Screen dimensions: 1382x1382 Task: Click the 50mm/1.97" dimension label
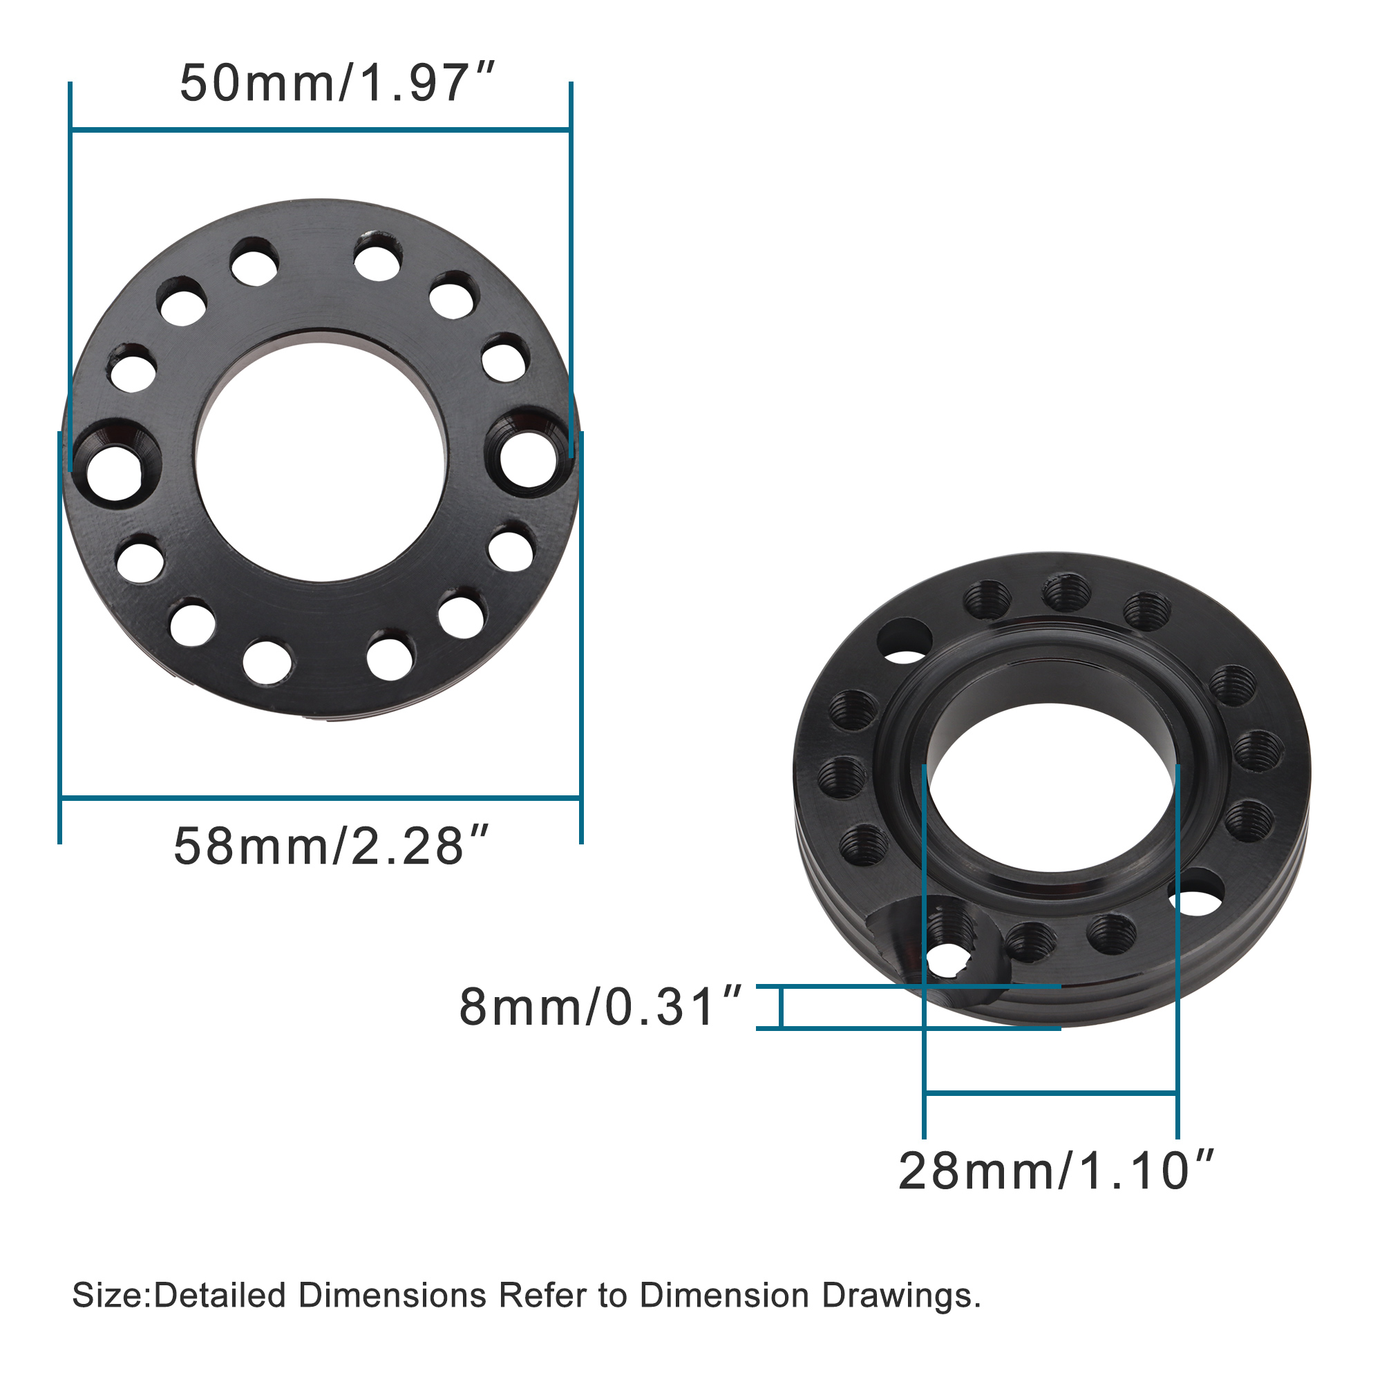click(337, 84)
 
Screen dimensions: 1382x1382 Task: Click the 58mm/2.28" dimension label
click(330, 847)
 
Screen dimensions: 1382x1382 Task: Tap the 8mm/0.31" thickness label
click(599, 1007)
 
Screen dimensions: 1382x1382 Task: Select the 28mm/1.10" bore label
click(1055, 1172)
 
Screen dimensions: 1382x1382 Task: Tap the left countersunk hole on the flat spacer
click(115, 472)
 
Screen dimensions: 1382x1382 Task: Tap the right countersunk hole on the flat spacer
click(528, 458)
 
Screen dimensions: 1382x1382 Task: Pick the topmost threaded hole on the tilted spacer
click(1065, 592)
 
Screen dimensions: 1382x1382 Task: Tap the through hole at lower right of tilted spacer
click(1197, 894)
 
